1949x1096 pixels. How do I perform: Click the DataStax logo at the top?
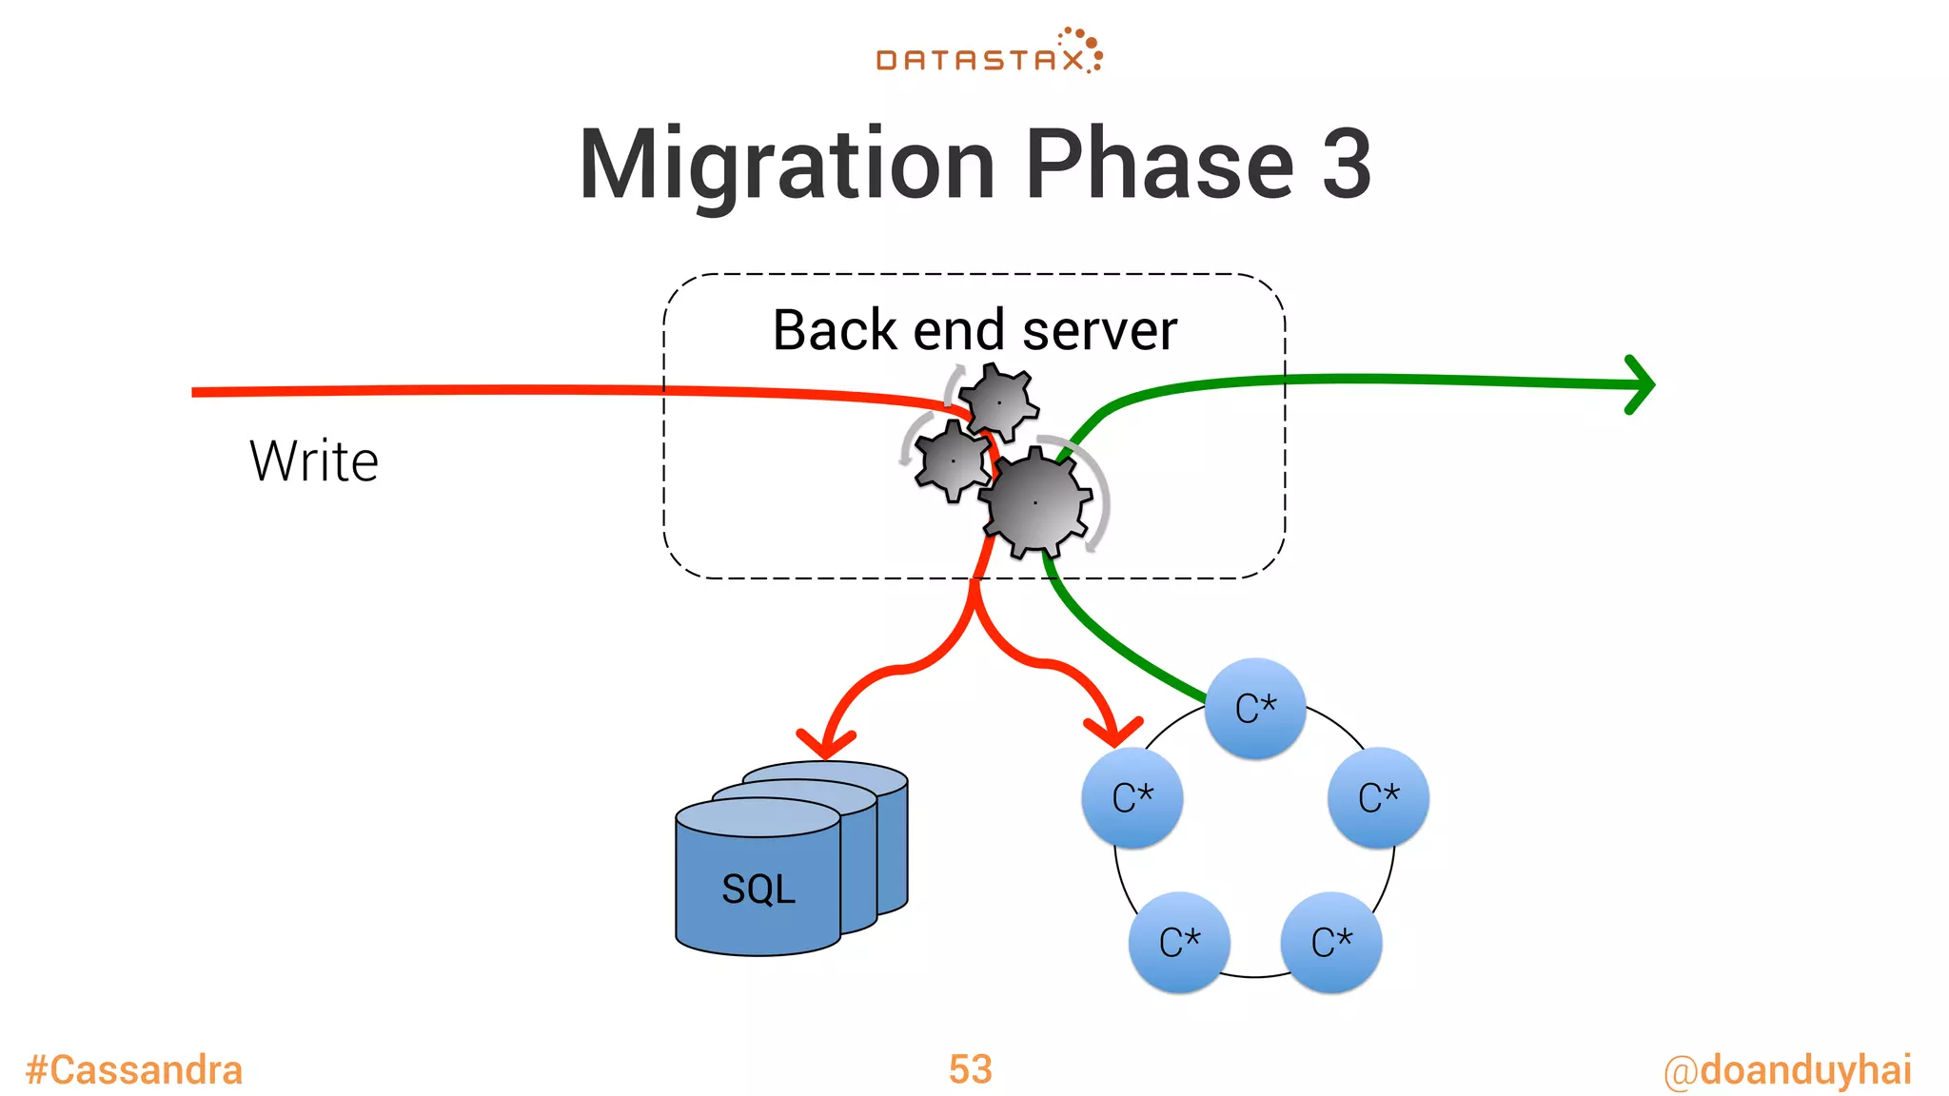click(989, 53)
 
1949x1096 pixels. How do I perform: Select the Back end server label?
click(974, 330)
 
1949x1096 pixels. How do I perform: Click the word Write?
click(314, 461)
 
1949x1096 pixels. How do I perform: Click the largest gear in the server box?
click(1035, 501)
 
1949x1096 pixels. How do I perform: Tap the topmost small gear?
click(999, 402)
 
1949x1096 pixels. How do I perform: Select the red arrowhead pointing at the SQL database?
click(824, 742)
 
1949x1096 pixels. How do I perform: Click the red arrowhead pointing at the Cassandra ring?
click(1113, 731)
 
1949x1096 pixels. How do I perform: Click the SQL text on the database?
click(758, 890)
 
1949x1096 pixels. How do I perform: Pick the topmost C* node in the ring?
click(1255, 709)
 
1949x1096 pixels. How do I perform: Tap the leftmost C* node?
click(1132, 797)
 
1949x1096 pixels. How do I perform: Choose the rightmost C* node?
click(1378, 797)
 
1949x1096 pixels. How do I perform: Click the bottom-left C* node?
click(1179, 942)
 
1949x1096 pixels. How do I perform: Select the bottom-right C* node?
click(1331, 942)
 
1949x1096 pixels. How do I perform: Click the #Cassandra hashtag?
click(134, 1070)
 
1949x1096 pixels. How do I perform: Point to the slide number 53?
click(970, 1069)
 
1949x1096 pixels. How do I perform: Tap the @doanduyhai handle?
click(1787, 1070)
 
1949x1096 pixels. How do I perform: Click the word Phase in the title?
click(1159, 164)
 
